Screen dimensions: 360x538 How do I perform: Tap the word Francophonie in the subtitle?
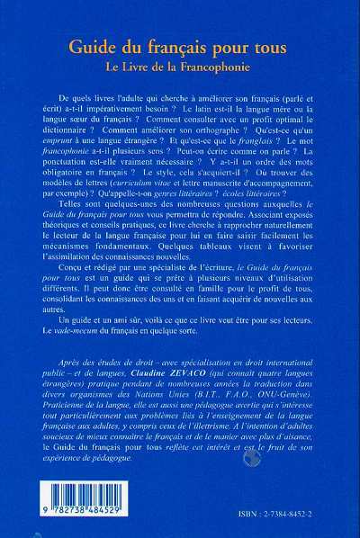pos(232,66)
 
